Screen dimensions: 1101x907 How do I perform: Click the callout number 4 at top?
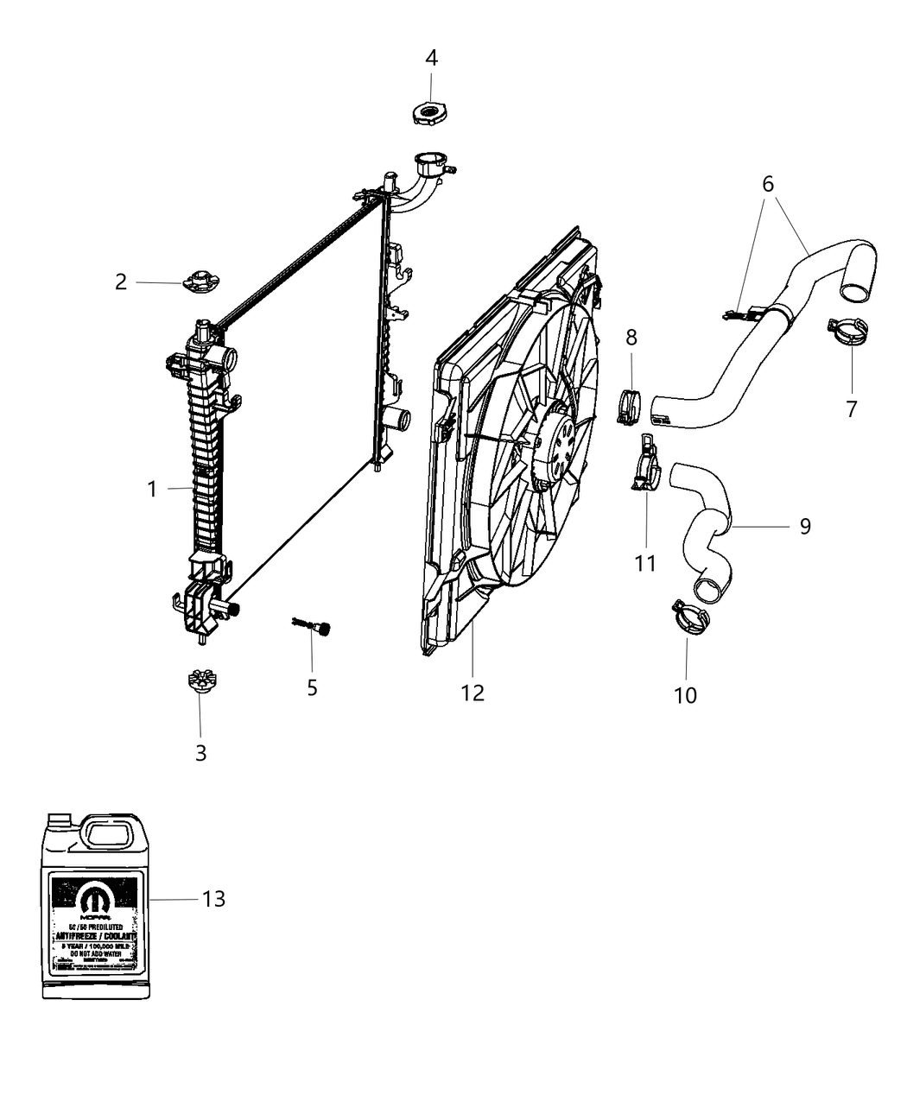431,58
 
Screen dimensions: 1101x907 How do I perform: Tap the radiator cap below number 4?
429,114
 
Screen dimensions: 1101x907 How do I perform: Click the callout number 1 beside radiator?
152,490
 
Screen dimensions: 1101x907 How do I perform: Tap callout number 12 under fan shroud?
473,692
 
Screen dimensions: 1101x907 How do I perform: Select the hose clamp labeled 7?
849,332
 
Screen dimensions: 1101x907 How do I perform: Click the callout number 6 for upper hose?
768,184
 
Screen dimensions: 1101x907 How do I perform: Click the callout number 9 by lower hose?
804,526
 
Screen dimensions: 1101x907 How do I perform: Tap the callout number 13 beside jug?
213,899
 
